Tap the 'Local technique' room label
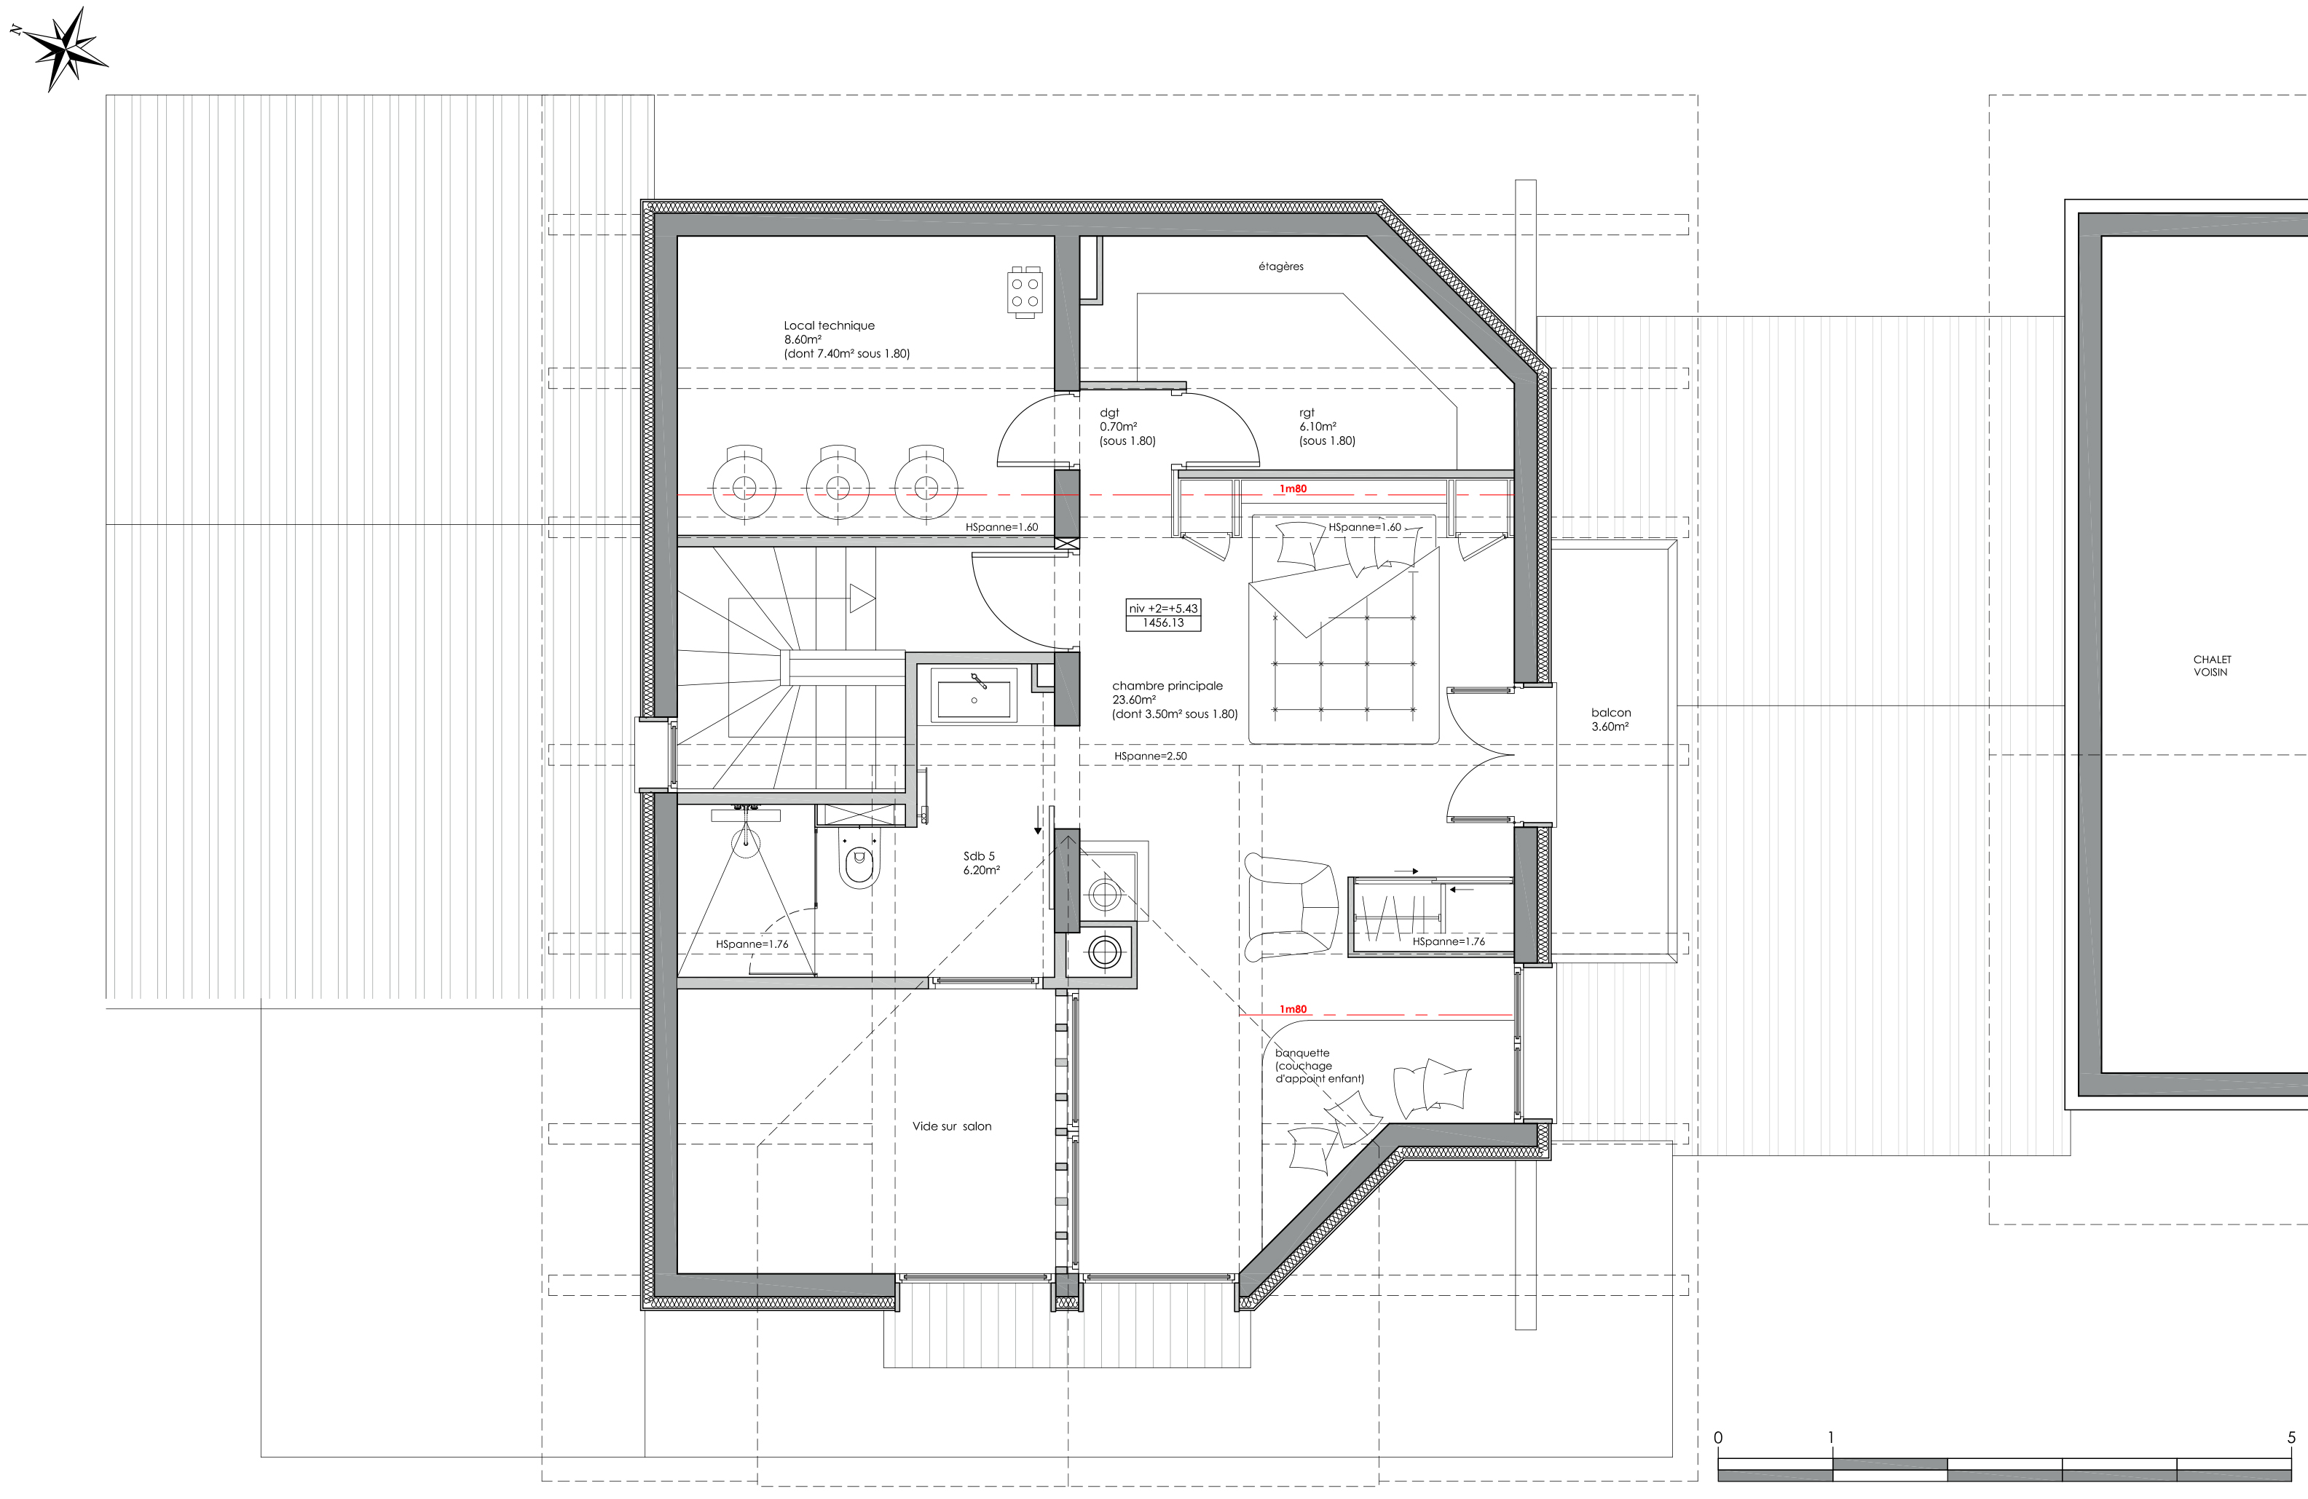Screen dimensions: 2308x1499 click(x=829, y=325)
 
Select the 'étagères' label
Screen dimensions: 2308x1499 click(x=1281, y=266)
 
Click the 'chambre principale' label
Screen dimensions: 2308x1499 click(x=1167, y=686)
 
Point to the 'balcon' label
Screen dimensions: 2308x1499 click(x=1611, y=713)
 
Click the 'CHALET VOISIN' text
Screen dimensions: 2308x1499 click(x=2212, y=665)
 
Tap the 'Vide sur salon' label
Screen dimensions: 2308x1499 click(x=951, y=1127)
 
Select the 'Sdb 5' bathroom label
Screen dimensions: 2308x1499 click(x=978, y=856)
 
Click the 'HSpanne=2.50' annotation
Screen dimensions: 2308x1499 click(x=1150, y=756)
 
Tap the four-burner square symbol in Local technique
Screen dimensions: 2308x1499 click(x=1025, y=293)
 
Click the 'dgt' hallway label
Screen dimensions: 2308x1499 click(x=1109, y=413)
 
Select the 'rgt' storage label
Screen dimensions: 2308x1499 click(x=1307, y=413)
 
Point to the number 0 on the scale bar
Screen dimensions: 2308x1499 click(x=1718, y=1438)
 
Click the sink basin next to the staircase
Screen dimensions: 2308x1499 click(x=974, y=695)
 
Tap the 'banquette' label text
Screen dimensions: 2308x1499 click(x=1302, y=1053)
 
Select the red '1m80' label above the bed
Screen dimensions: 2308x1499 click(x=1293, y=489)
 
